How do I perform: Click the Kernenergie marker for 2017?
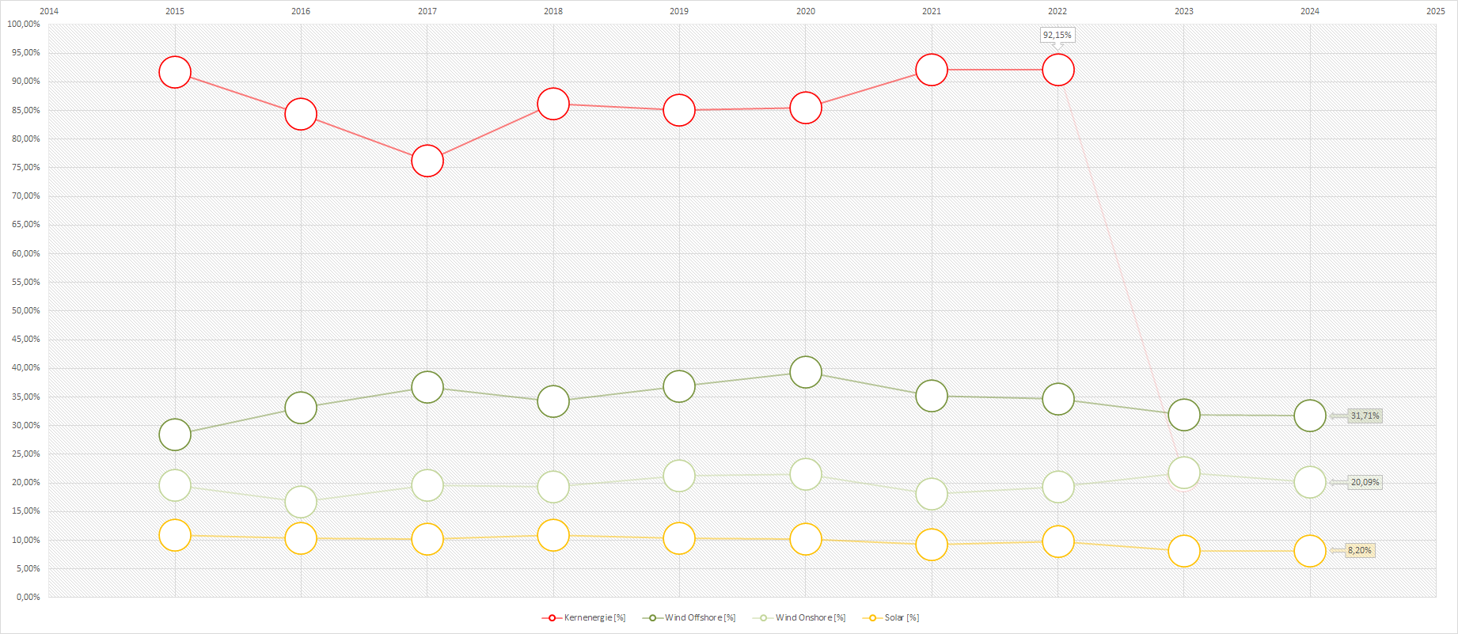pyautogui.click(x=427, y=161)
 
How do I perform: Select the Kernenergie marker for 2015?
pyautogui.click(x=175, y=73)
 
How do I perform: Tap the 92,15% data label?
pyautogui.click(x=1057, y=35)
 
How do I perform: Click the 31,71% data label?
pyautogui.click(x=1365, y=416)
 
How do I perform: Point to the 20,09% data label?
pyautogui.click(x=1365, y=482)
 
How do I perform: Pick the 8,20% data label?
pyautogui.click(x=1359, y=550)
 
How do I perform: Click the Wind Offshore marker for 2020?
pyautogui.click(x=806, y=372)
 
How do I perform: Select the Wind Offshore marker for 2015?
pyautogui.click(x=175, y=435)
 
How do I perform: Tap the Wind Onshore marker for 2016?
pyautogui.click(x=301, y=502)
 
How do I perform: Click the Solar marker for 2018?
pyautogui.click(x=553, y=535)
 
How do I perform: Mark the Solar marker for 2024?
pyautogui.click(x=1310, y=551)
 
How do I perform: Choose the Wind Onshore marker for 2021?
pyautogui.click(x=932, y=494)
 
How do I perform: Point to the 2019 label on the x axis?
pyautogui.click(x=679, y=11)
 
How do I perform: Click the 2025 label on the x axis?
pyautogui.click(x=1436, y=11)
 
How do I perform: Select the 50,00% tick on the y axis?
pyautogui.click(x=25, y=310)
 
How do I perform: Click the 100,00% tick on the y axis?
pyautogui.click(x=24, y=25)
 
